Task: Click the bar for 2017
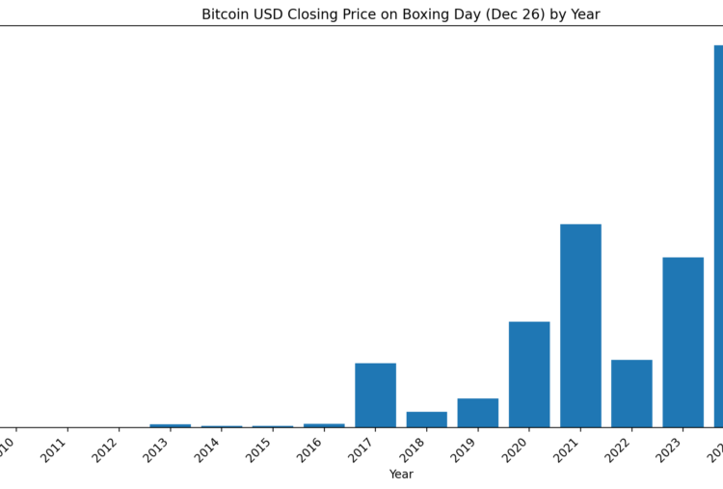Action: tap(375, 394)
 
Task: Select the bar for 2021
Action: tap(580, 325)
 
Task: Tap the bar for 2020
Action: tap(529, 373)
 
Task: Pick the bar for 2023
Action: tap(683, 341)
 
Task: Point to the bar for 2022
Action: tap(631, 393)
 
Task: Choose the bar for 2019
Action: tap(478, 412)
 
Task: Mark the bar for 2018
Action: tap(426, 419)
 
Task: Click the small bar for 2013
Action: tap(170, 425)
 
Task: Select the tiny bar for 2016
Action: tap(324, 425)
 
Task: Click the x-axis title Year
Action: tap(401, 475)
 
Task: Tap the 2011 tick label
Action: tap(54, 449)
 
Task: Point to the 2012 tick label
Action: tap(105, 449)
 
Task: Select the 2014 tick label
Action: tap(208, 449)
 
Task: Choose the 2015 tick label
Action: tap(259, 449)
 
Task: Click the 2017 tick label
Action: tap(361, 449)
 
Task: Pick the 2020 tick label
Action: tap(516, 449)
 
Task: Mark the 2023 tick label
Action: tap(669, 449)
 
